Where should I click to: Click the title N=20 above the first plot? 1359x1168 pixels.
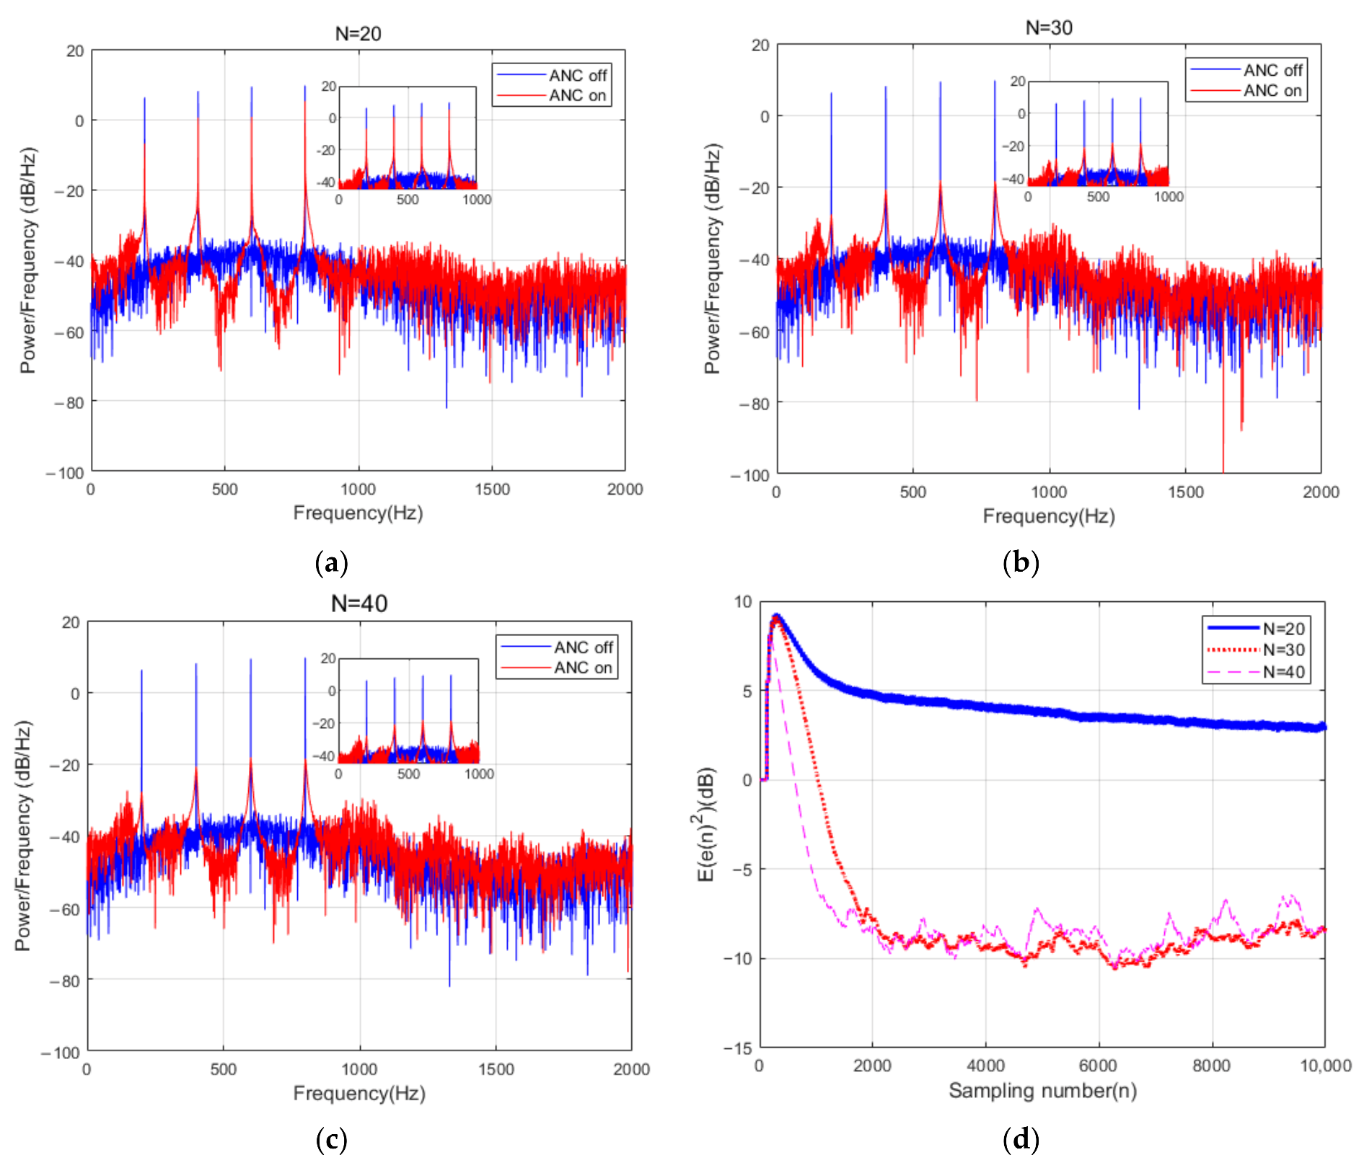point(358,33)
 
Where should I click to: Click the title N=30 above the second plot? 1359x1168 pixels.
point(1049,27)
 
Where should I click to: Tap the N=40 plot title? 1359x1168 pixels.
point(359,603)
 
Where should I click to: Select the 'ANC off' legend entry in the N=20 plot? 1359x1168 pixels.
point(577,75)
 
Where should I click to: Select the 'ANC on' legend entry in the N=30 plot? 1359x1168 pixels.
point(1272,91)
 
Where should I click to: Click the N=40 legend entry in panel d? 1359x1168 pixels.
point(1283,672)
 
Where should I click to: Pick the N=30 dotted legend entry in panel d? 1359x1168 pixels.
point(1283,650)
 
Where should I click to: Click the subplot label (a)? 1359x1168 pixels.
point(332,562)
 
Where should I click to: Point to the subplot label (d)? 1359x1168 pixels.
point(1021,1139)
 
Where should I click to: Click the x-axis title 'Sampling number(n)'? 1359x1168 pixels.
point(1042,1090)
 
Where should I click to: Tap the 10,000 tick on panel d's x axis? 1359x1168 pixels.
point(1325,1066)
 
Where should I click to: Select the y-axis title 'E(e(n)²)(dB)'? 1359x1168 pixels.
point(706,823)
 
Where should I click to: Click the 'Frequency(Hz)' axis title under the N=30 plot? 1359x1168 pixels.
point(1049,516)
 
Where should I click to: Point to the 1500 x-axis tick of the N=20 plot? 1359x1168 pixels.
point(492,489)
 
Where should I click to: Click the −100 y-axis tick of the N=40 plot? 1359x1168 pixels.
point(61,1052)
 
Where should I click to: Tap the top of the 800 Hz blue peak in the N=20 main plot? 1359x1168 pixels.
point(304,87)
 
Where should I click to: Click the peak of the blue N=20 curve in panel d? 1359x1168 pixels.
point(777,615)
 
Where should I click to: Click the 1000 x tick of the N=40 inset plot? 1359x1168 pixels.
point(479,774)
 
